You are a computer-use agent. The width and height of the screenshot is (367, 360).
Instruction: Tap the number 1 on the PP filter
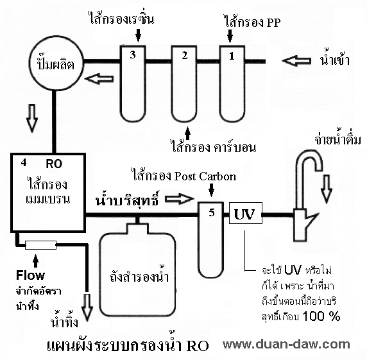pyautogui.click(x=232, y=56)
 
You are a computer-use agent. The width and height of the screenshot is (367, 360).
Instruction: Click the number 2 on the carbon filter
pyautogui.click(x=185, y=56)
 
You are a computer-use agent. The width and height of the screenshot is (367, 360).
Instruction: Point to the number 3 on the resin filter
pyautogui.click(x=133, y=55)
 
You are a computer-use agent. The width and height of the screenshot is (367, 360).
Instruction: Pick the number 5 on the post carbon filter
pyautogui.click(x=212, y=212)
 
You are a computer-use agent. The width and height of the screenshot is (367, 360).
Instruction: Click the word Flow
pyautogui.click(x=30, y=275)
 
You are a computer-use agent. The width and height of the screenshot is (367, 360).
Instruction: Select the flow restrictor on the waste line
pyautogui.click(x=40, y=245)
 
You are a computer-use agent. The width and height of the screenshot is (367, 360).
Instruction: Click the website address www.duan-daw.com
pyautogui.click(x=287, y=345)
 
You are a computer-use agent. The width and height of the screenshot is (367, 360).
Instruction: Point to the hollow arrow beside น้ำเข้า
pyautogui.click(x=296, y=61)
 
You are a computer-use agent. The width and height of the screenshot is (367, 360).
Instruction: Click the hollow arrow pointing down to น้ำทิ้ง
pyautogui.click(x=87, y=307)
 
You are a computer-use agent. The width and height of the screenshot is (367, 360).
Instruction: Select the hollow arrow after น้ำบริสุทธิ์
pyautogui.click(x=180, y=199)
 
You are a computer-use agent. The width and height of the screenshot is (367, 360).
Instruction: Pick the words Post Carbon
pyautogui.click(x=205, y=176)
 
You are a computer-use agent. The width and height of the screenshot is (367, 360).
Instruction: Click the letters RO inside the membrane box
pyautogui.click(x=54, y=164)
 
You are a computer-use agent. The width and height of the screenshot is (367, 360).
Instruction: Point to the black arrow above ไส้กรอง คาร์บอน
pyautogui.click(x=187, y=133)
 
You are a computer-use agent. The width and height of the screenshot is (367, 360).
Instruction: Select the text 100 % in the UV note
pyautogui.click(x=321, y=316)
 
